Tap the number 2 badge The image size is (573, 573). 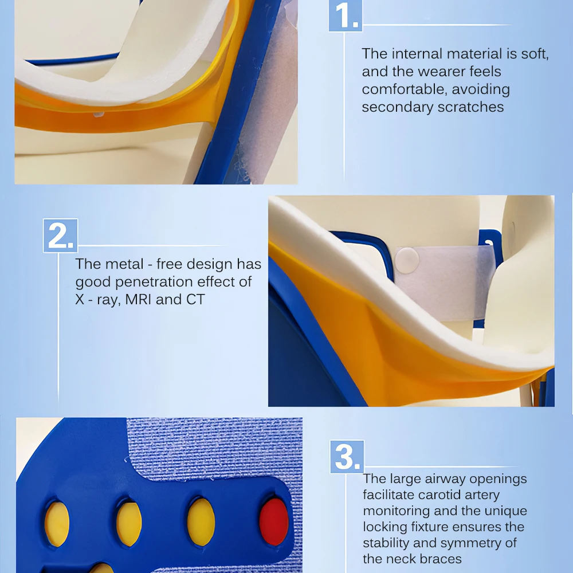click(x=60, y=236)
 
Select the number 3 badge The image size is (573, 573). click(x=347, y=457)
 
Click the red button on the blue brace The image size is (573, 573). click(x=274, y=521)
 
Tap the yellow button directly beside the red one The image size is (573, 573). click(x=201, y=521)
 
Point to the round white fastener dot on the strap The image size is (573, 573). click(x=407, y=260)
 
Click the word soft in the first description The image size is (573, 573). click(x=534, y=54)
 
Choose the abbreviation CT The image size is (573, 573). click(x=195, y=300)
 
